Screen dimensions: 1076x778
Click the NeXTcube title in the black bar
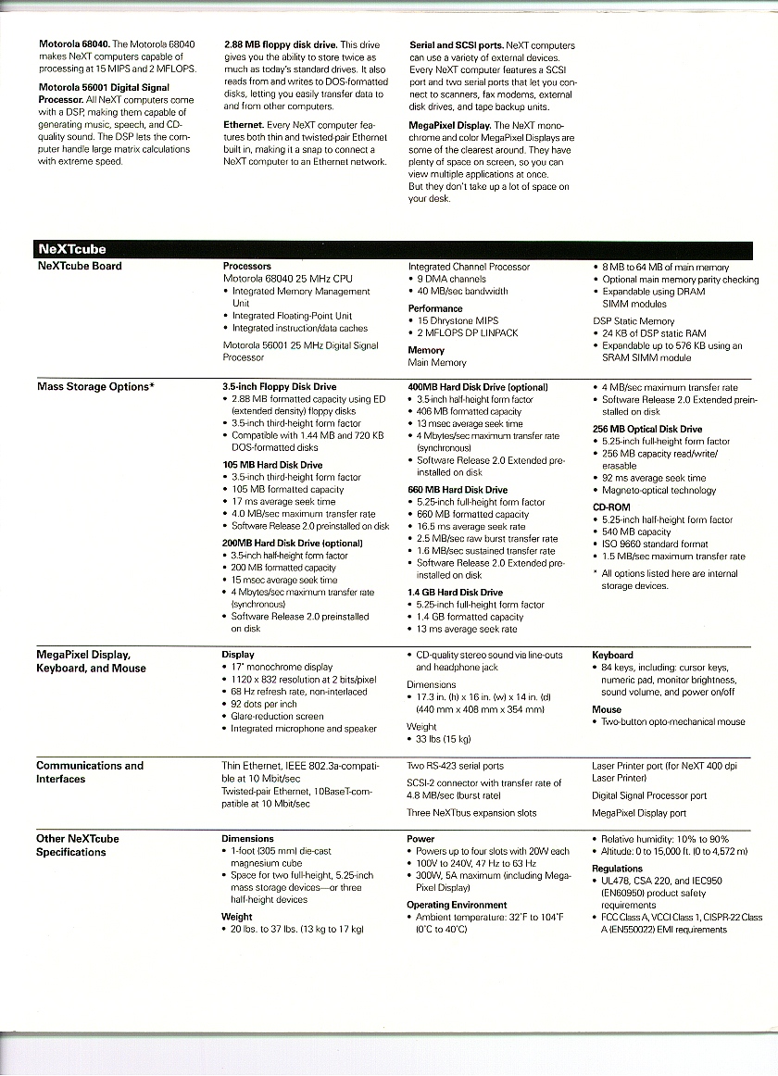point(71,249)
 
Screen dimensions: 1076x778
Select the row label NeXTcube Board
point(79,267)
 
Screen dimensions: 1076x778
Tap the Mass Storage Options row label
point(94,387)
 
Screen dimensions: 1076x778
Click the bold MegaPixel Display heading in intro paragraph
point(449,125)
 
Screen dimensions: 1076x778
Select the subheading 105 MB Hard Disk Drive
point(272,465)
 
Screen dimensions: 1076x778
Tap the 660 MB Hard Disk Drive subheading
point(458,490)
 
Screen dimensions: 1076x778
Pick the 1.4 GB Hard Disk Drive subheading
point(455,593)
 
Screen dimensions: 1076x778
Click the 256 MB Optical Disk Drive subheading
point(647,430)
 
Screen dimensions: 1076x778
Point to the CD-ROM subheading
point(611,507)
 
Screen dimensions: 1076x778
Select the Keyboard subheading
point(612,655)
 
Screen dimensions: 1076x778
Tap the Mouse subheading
point(607,709)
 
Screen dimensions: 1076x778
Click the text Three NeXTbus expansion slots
point(471,813)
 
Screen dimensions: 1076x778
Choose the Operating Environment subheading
point(457,905)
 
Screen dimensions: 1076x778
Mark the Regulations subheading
point(617,869)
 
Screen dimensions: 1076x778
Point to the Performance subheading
point(435,308)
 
